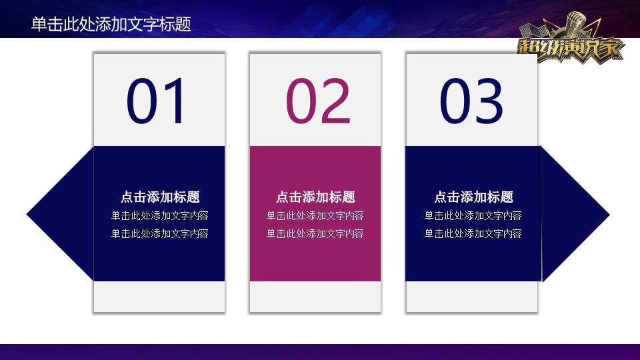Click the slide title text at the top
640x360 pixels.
111,24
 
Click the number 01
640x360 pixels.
158,101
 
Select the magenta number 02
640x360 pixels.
317,101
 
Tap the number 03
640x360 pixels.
471,101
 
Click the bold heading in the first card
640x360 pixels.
160,197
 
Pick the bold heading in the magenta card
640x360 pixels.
315,197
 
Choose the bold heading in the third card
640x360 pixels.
473,197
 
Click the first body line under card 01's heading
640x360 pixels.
160,215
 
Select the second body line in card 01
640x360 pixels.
160,233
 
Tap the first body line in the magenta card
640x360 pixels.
315,215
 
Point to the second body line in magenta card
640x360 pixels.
315,233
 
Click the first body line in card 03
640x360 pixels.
473,215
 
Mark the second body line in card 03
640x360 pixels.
473,233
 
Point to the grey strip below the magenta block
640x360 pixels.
315,296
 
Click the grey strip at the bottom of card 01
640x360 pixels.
159,296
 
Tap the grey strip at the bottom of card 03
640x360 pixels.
471,296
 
